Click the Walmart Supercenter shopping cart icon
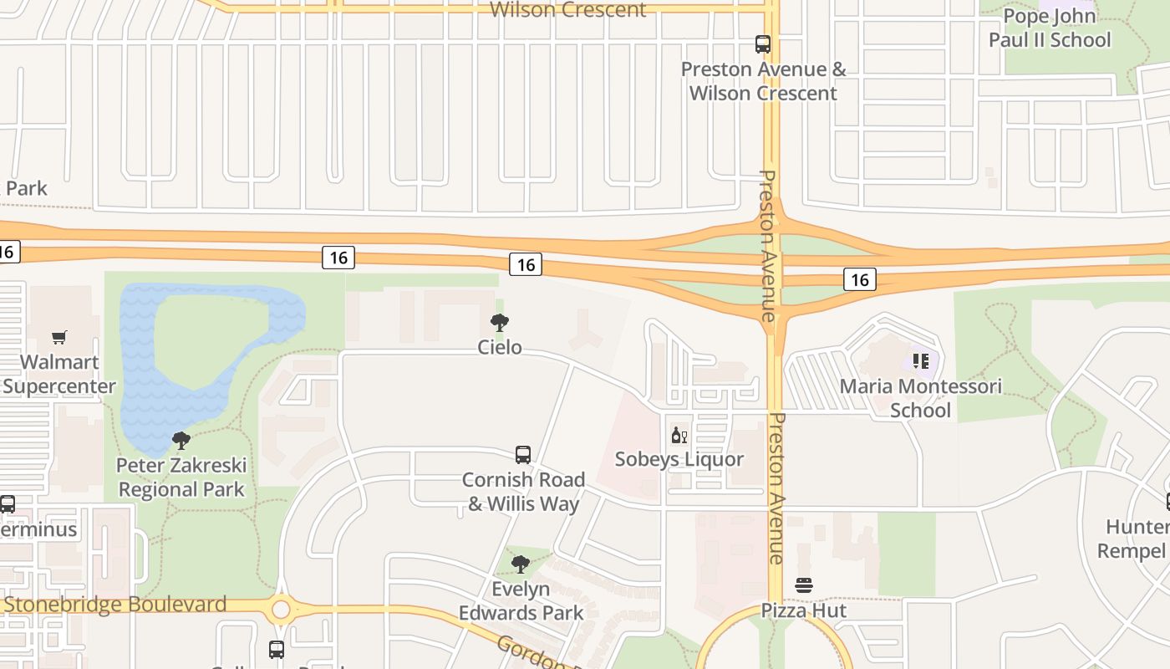point(58,338)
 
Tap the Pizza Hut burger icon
point(804,585)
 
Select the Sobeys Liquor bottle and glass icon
point(679,435)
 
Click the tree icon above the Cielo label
point(500,322)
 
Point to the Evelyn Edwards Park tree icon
point(521,564)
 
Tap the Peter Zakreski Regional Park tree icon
point(181,440)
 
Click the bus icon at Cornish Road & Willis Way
point(523,455)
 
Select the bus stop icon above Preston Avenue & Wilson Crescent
point(763,44)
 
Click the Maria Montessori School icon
point(921,361)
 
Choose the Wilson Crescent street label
point(567,10)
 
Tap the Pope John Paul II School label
point(1050,28)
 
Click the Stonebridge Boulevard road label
point(115,604)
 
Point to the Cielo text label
point(500,346)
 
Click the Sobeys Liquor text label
point(679,459)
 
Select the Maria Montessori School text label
point(920,398)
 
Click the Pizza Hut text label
point(804,610)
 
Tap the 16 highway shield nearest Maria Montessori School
point(860,279)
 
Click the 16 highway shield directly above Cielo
point(526,264)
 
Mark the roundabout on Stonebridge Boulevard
point(281,609)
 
